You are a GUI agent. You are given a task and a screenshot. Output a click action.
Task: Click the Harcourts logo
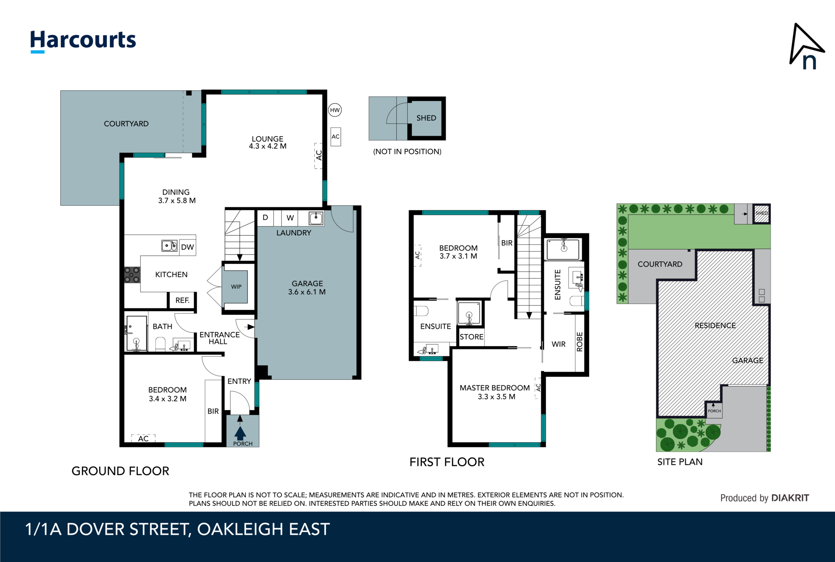pyautogui.click(x=83, y=41)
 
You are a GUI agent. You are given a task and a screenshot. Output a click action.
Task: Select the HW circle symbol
pyautogui.click(x=335, y=110)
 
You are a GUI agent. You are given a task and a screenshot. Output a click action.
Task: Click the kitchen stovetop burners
pyautogui.click(x=132, y=274)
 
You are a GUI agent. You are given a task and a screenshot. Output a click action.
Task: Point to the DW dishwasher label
pyautogui.click(x=188, y=247)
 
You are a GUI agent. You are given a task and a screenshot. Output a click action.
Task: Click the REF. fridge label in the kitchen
pyautogui.click(x=182, y=301)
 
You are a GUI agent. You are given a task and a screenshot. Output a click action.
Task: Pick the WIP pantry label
pyautogui.click(x=236, y=287)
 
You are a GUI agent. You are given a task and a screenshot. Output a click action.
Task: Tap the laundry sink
pyautogui.click(x=316, y=218)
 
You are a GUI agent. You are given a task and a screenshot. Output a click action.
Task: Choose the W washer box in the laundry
pyautogui.click(x=290, y=218)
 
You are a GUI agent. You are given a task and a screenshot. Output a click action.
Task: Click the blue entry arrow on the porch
pyautogui.click(x=240, y=432)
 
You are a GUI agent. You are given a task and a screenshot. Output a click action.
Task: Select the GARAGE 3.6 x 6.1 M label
pyautogui.click(x=307, y=288)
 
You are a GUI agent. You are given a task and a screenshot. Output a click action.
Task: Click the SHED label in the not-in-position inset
pyautogui.click(x=426, y=118)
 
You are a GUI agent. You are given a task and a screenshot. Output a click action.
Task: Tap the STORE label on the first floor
pyautogui.click(x=471, y=337)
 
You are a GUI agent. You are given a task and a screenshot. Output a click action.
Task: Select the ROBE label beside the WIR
pyautogui.click(x=580, y=342)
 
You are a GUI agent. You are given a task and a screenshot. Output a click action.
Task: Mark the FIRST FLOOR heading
pyautogui.click(x=447, y=462)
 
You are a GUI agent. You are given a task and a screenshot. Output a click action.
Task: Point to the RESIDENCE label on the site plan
pyautogui.click(x=715, y=325)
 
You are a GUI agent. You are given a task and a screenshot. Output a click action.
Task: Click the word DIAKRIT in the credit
pyautogui.click(x=790, y=498)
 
